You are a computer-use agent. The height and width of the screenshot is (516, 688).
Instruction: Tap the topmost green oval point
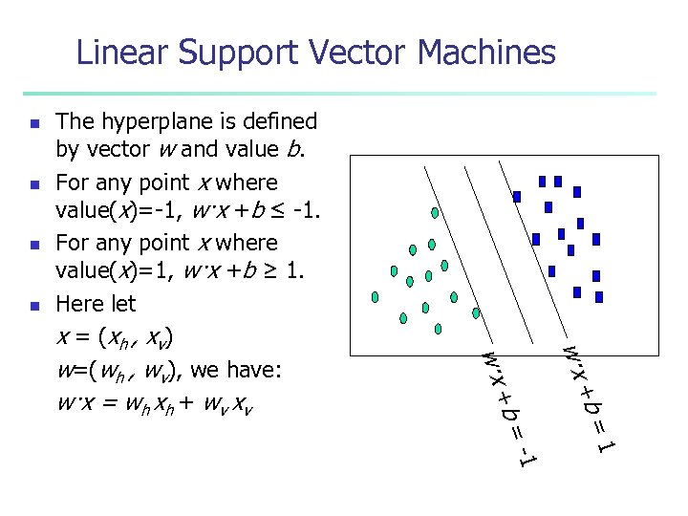pyautogui.click(x=435, y=212)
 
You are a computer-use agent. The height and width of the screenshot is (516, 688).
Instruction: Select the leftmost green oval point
pyautogui.click(x=376, y=296)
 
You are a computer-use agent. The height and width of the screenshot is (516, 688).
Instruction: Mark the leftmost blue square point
pyautogui.click(x=517, y=197)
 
